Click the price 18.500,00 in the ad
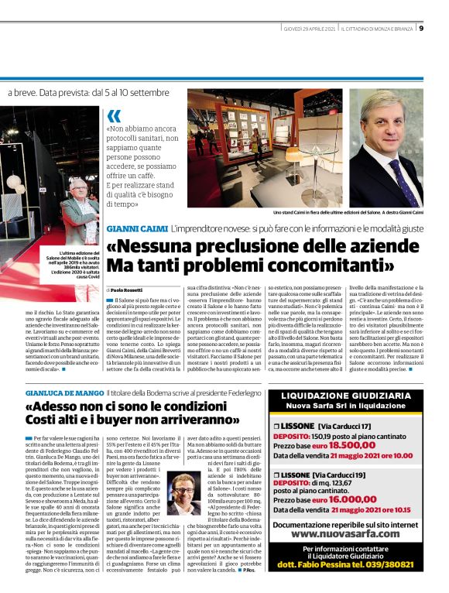(x=373, y=445)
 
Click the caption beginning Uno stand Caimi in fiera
(x=358, y=212)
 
